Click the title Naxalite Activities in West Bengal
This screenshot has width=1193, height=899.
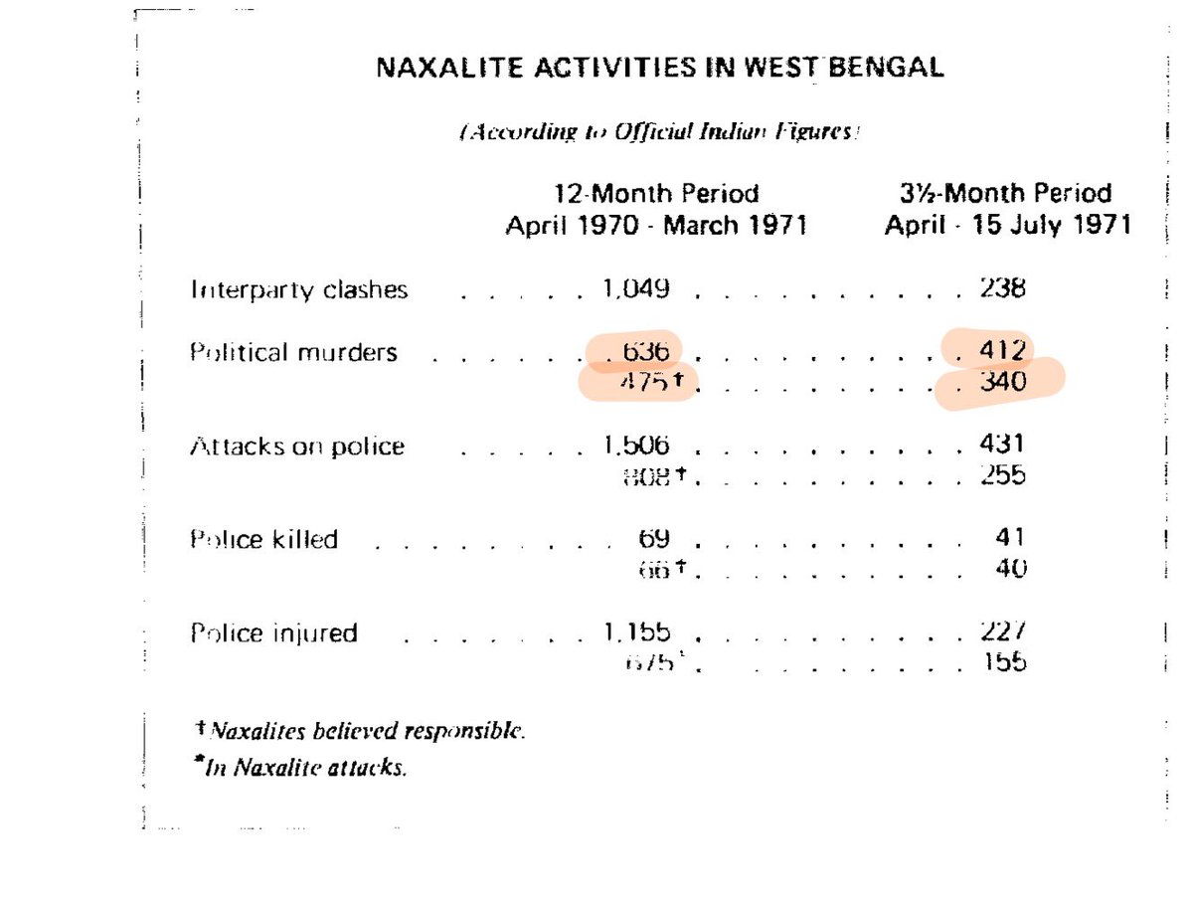(660, 69)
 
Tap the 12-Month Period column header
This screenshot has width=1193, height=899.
(656, 209)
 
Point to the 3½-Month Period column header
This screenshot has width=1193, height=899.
(1008, 209)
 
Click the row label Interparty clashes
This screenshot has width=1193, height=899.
(298, 290)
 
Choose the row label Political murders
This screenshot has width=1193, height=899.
(293, 352)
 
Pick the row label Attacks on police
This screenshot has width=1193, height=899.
(297, 447)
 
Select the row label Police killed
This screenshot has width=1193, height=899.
(263, 540)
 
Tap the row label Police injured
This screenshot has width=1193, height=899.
(273, 633)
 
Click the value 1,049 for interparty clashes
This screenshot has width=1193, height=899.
(635, 289)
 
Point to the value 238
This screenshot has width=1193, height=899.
(1002, 289)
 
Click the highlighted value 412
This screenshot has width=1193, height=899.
(1002, 351)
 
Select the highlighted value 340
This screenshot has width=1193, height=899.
(1002, 382)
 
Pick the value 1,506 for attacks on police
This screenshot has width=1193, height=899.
(635, 446)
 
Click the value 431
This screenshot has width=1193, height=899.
(1002, 446)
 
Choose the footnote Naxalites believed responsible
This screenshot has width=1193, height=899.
(361, 732)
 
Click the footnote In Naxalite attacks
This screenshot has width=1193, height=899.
(303, 768)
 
